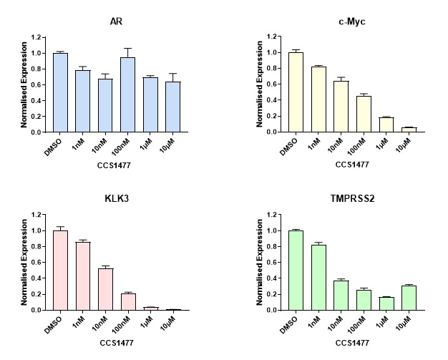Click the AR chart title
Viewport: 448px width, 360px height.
point(117,21)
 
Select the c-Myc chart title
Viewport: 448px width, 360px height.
point(349,21)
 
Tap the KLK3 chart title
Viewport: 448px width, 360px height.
point(116,199)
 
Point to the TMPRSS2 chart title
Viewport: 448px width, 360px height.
point(349,199)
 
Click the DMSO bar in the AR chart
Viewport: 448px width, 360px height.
point(61,93)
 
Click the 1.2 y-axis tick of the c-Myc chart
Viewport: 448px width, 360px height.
point(271,37)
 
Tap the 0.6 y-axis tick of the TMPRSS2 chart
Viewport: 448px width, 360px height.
point(271,263)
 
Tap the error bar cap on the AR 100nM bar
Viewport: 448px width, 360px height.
point(128,49)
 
